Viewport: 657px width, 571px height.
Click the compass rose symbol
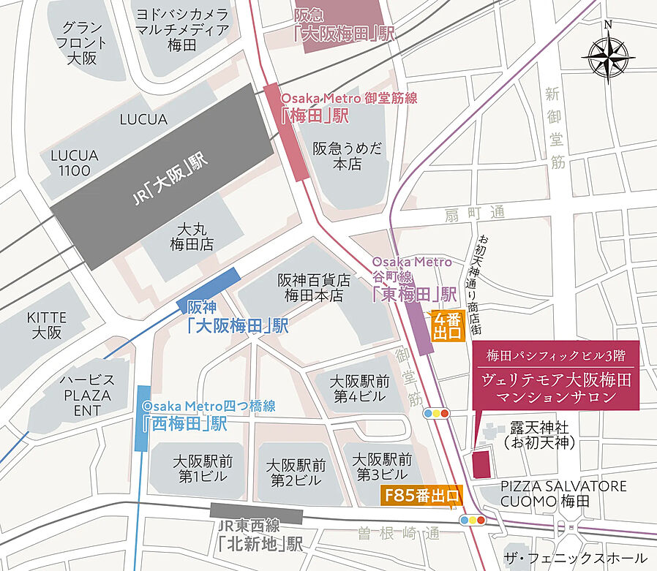607,55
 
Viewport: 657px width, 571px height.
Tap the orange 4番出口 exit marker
447,326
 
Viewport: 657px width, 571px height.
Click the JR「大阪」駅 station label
171,181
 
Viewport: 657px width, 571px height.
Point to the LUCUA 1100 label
70,163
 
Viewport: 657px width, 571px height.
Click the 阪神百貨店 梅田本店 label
314,288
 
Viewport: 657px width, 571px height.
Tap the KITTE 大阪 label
46,325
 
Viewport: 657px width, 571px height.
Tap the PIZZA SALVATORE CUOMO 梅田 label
563,494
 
